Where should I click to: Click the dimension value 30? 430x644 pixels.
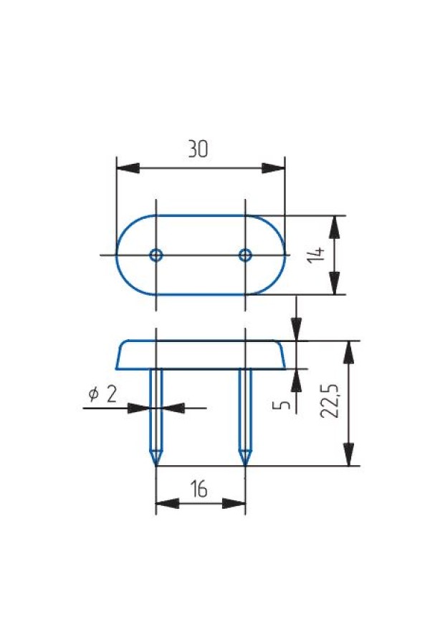[x=198, y=149]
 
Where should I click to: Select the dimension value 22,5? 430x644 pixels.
[x=329, y=401]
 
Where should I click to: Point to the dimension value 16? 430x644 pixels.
[x=199, y=489]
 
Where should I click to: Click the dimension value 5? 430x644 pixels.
[x=282, y=405]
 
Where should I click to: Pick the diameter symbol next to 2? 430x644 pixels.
[x=94, y=394]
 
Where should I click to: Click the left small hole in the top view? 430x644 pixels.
[x=156, y=255]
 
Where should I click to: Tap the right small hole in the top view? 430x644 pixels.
[x=245, y=255]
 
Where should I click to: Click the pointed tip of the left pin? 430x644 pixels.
[x=156, y=465]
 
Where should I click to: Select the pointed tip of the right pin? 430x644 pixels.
[x=245, y=465]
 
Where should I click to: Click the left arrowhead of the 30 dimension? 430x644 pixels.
[x=128, y=168]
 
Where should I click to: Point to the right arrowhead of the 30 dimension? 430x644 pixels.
[x=274, y=168]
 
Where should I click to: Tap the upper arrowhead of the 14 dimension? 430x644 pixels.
[x=335, y=227]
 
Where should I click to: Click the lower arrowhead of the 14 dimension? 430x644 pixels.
[x=335, y=283]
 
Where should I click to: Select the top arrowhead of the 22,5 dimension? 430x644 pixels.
[x=349, y=352]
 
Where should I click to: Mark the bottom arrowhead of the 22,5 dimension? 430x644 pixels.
[x=349, y=454]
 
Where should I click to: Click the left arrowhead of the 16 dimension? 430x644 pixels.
[x=168, y=503]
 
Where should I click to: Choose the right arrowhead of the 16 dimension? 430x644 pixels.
[x=234, y=503]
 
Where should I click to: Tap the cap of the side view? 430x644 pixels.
[x=201, y=355]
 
